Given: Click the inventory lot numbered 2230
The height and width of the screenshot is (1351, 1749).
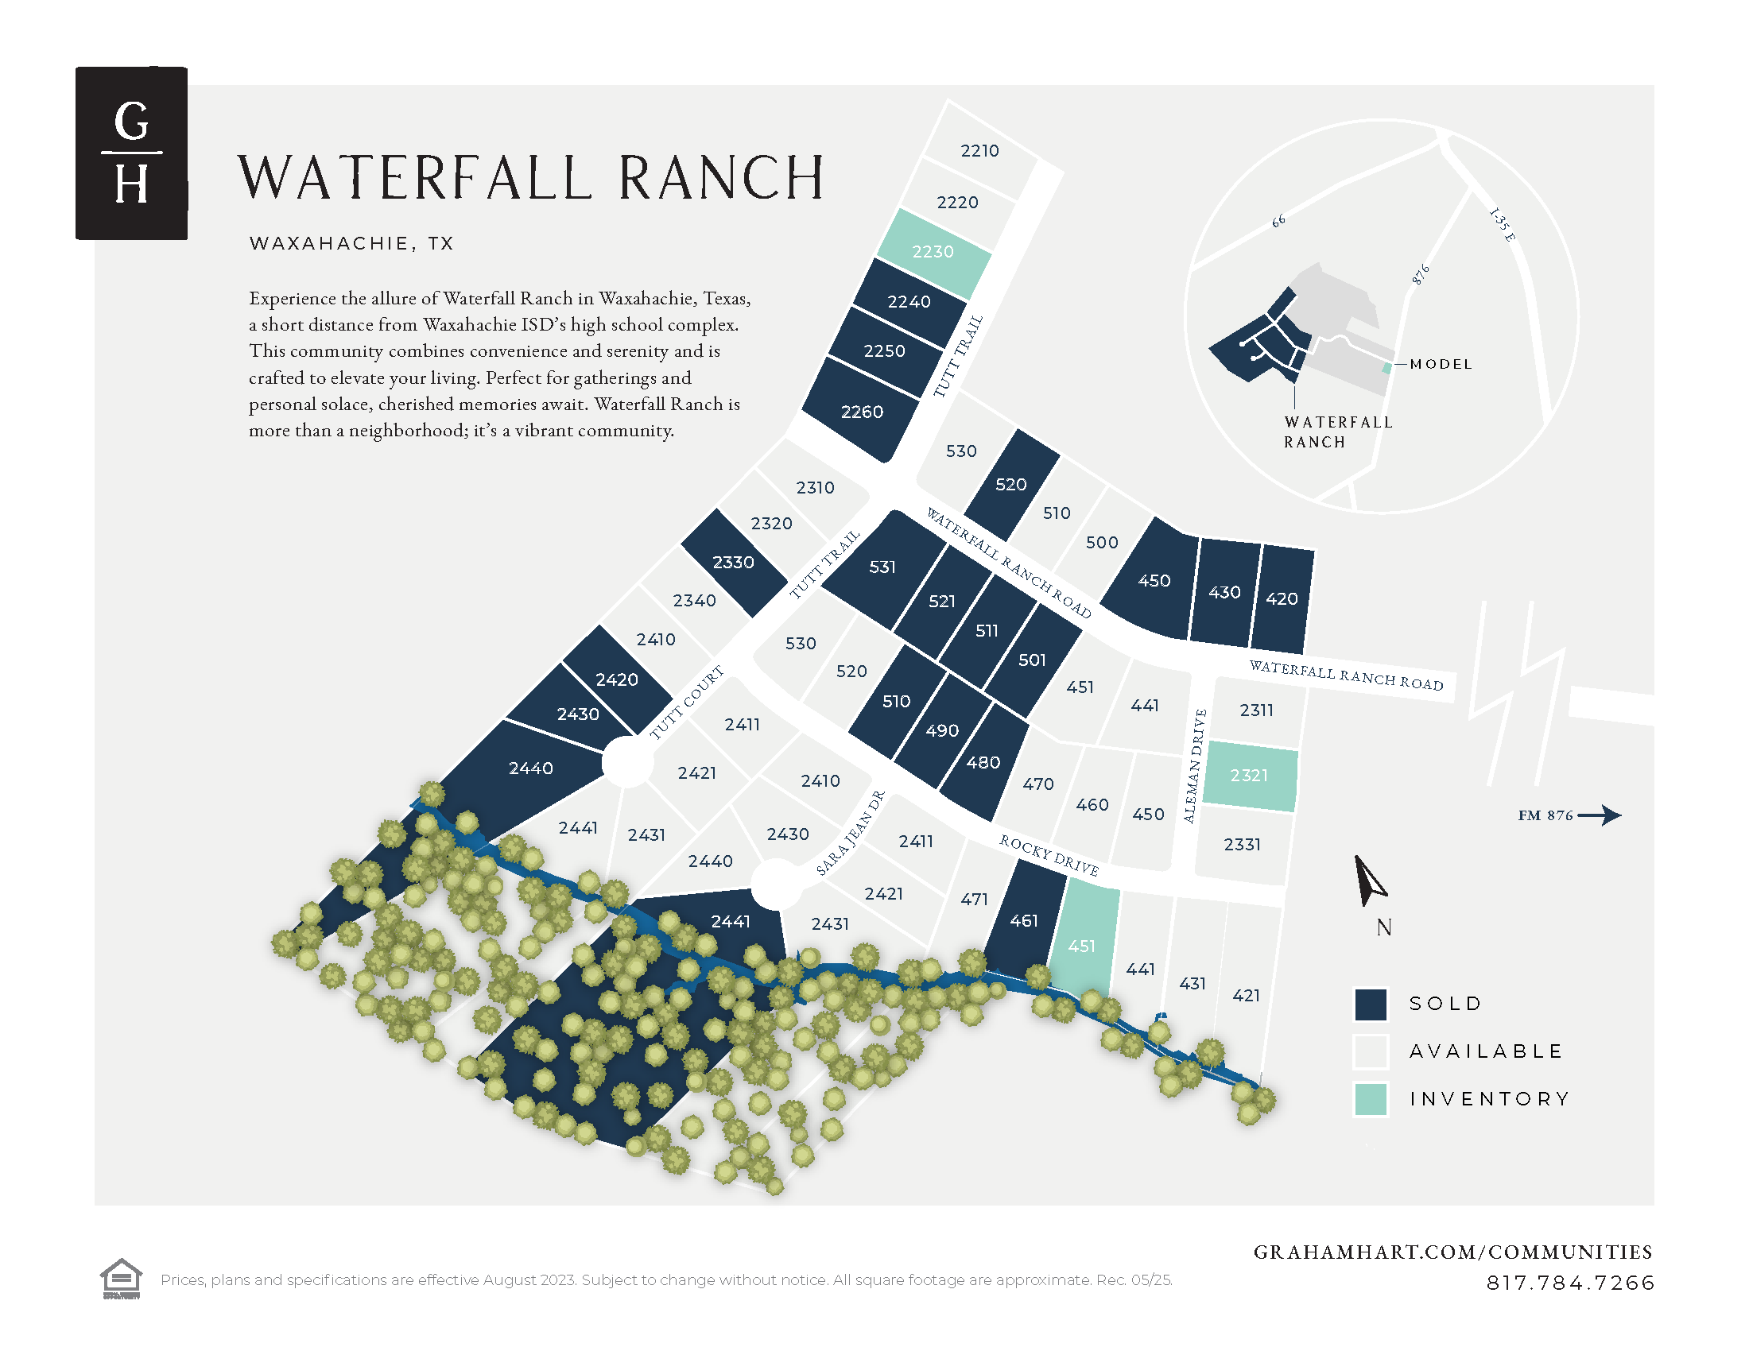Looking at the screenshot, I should pos(934,251).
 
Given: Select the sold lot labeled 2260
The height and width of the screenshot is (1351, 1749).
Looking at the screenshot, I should pos(862,412).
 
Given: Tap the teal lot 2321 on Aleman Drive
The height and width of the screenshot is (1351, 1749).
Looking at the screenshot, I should pos(1249,775).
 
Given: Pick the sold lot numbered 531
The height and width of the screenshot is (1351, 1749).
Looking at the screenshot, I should pos(882,567).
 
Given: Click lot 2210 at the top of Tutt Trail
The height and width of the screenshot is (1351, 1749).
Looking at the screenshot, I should pos(979,150).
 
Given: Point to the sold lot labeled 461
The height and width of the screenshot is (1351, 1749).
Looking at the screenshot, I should pos(1024,920).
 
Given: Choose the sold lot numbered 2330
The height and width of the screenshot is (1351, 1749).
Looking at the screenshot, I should pos(734,562).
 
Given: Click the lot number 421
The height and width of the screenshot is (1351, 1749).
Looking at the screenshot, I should pos(1246,995).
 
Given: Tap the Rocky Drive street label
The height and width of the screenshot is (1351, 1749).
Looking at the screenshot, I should pos(1049,855).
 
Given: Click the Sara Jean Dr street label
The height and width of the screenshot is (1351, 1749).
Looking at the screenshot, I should pos(851,832).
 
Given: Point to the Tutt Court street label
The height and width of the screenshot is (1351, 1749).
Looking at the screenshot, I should pos(686,702).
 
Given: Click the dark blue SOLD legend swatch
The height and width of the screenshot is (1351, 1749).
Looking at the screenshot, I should pos(1371,1004).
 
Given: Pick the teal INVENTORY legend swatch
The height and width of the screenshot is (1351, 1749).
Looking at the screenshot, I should pos(1371,1099).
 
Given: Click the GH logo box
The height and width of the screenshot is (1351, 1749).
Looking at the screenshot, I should pos(131,153).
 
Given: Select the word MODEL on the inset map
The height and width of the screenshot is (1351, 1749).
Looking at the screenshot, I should pos(1441,364).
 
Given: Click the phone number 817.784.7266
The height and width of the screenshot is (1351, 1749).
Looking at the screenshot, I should pos(1570,1283).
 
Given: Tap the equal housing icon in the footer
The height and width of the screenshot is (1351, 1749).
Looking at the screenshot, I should pos(121,1278).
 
